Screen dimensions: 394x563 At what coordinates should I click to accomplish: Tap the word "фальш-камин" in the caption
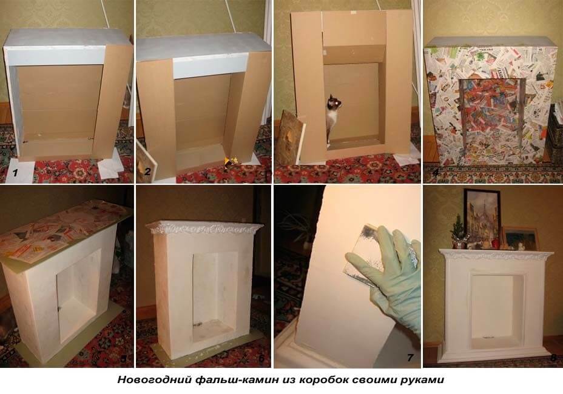234,381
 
